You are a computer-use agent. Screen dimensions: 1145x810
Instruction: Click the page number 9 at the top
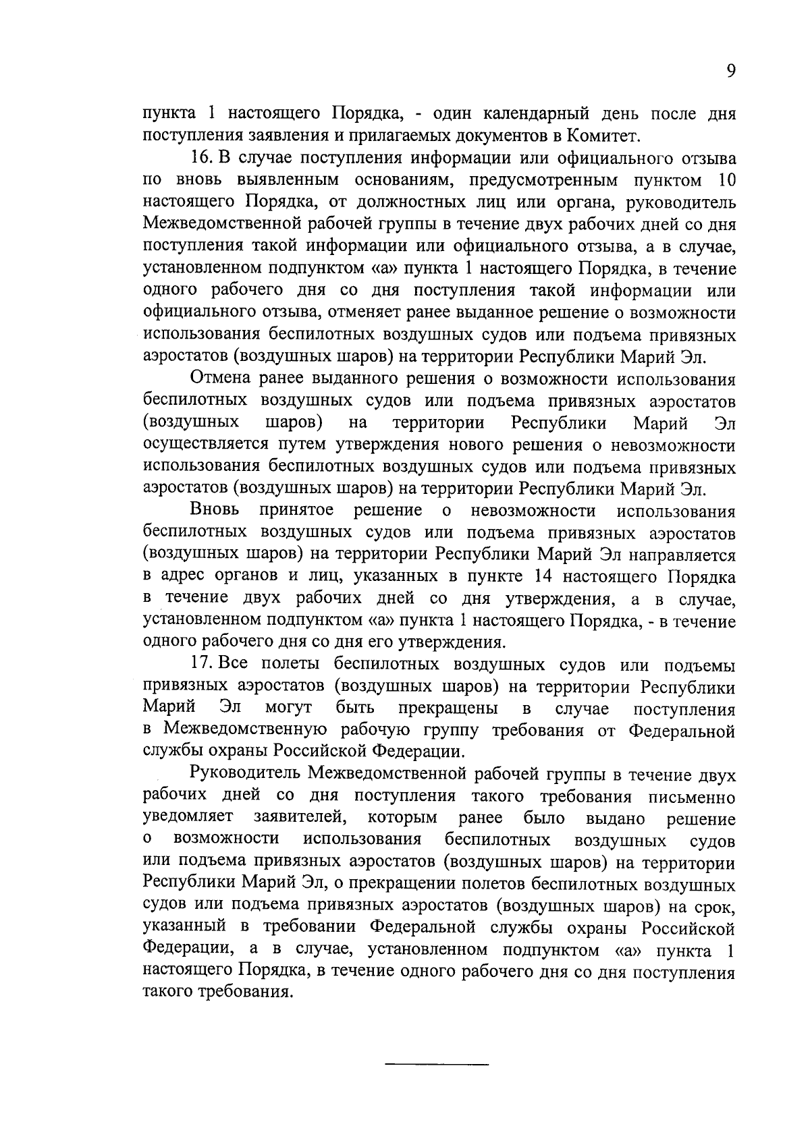pyautogui.click(x=730, y=72)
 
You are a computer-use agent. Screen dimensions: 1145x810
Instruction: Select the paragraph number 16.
pyautogui.click(x=202, y=159)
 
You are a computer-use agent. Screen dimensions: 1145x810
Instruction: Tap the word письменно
pyautogui.click(x=691, y=797)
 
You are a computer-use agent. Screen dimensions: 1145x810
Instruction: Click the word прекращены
pyautogui.click(x=448, y=709)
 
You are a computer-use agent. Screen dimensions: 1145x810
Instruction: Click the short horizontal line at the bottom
pyautogui.click(x=436, y=1065)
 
